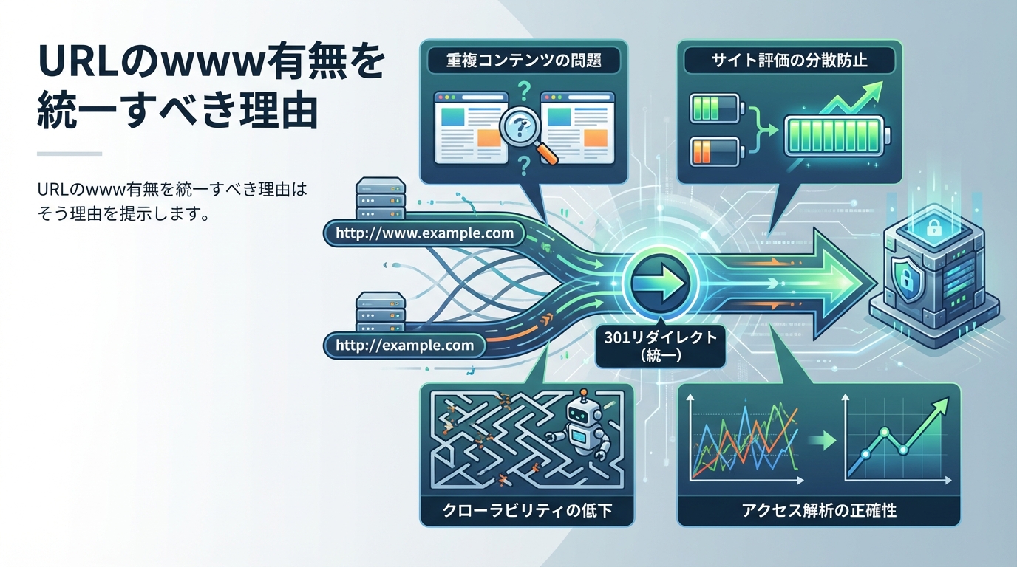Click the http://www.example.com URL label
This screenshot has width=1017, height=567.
click(424, 233)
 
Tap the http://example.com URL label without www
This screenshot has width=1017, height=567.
click(404, 345)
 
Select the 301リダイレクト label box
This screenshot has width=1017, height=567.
click(661, 346)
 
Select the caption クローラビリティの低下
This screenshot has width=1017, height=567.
click(526, 509)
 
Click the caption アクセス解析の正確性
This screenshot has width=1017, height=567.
click(818, 509)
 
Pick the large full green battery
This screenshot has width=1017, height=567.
click(836, 137)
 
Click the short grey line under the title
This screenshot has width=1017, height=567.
click(69, 154)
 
